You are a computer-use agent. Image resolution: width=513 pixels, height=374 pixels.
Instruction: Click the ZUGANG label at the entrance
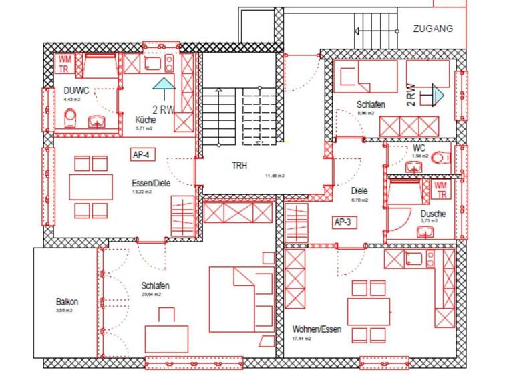(433, 29)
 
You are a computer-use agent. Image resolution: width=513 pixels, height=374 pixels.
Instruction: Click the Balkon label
(67, 301)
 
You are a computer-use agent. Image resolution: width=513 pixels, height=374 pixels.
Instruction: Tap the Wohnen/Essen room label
(317, 329)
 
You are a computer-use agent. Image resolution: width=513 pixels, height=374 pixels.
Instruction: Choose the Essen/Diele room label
(151, 181)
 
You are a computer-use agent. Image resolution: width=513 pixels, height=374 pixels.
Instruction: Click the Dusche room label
(434, 214)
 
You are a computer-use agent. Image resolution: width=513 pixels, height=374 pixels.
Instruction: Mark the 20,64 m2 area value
(151, 295)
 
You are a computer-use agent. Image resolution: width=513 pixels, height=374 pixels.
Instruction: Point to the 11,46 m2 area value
(275, 176)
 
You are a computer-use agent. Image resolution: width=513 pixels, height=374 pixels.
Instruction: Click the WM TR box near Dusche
(441, 190)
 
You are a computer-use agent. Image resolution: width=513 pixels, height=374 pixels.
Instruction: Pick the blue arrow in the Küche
(162, 83)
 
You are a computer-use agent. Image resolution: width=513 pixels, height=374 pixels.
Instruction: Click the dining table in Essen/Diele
(92, 187)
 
